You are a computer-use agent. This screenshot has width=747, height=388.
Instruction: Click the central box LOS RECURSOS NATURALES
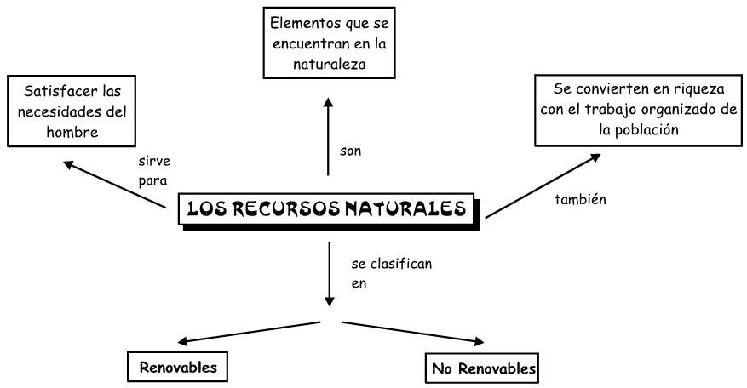click(328, 208)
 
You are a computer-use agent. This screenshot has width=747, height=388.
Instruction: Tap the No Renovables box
click(482, 368)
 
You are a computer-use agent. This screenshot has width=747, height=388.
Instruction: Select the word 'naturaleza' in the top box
click(330, 63)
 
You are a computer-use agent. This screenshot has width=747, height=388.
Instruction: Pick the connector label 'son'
click(350, 151)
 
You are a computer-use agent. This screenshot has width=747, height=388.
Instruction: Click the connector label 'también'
click(578, 198)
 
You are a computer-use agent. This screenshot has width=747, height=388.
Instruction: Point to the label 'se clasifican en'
click(390, 273)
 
